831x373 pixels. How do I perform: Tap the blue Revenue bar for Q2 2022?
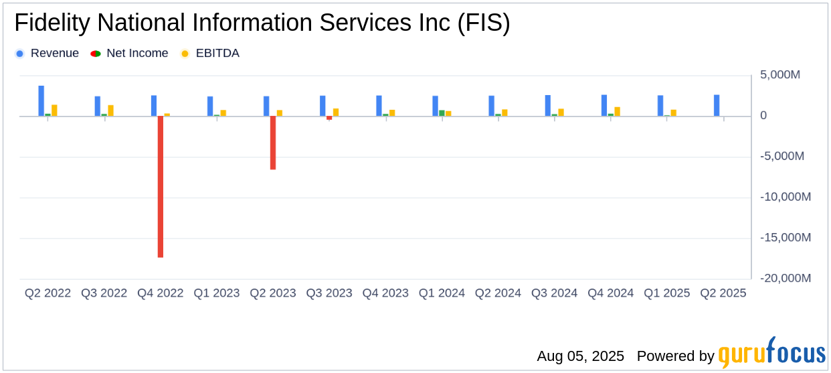(x=41, y=101)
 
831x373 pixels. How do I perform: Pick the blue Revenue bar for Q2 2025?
(x=717, y=106)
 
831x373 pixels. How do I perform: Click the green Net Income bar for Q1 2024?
(x=442, y=113)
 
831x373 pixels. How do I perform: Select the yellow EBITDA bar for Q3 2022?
(x=110, y=110)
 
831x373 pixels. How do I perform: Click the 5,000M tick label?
(x=780, y=75)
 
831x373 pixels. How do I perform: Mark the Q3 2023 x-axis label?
(x=329, y=293)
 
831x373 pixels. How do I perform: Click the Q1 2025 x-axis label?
(x=666, y=293)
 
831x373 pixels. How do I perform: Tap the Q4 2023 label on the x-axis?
(x=385, y=293)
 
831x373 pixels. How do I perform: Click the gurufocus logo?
(x=771, y=354)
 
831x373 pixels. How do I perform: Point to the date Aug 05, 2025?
(x=580, y=356)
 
